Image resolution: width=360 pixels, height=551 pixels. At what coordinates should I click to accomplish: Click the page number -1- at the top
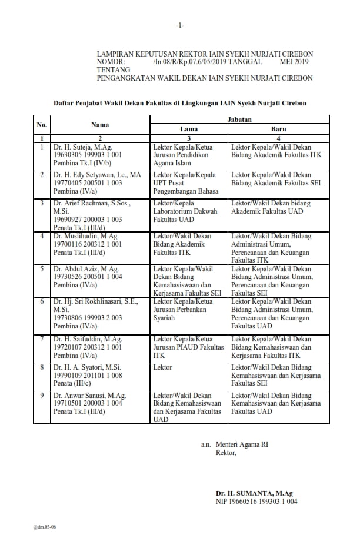[x=180, y=25]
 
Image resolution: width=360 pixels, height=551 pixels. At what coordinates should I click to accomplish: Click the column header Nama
[x=100, y=124]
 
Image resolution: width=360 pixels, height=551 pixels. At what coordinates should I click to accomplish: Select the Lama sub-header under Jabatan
[x=188, y=129]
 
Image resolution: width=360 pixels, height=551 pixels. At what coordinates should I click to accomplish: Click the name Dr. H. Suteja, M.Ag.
[x=79, y=147]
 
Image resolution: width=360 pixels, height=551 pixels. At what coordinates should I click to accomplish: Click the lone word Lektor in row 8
[x=162, y=367]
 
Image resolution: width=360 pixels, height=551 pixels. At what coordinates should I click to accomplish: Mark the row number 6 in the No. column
[x=42, y=301]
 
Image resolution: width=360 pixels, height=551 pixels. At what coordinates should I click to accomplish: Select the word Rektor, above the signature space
[x=226, y=453]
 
